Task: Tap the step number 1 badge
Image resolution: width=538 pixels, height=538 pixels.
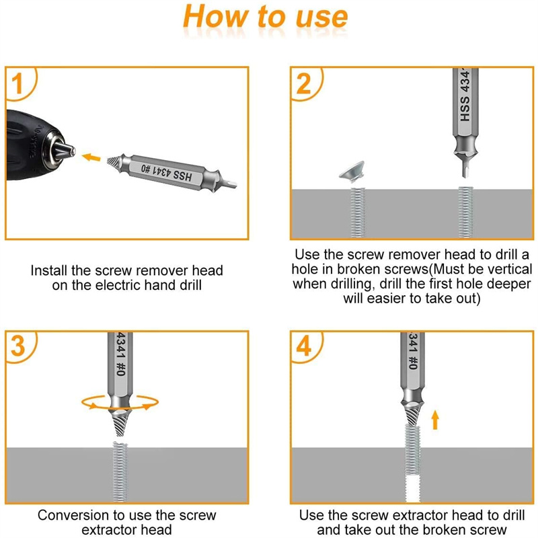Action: pos(17,84)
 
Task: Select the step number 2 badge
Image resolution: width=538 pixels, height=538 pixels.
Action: pos(304,84)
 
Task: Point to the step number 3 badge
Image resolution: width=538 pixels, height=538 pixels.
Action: pos(18,346)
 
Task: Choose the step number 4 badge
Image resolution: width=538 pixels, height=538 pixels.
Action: pos(304,346)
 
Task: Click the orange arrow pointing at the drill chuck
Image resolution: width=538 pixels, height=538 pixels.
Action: pos(91,157)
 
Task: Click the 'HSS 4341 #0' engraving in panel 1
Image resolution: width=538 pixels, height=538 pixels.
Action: pos(166,172)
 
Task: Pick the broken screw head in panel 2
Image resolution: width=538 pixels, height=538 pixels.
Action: pos(352,171)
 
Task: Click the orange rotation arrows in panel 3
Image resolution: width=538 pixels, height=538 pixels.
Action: pos(120,402)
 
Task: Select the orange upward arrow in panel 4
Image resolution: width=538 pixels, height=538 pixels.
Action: pos(435,420)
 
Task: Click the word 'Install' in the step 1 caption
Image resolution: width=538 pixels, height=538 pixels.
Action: pos(49,270)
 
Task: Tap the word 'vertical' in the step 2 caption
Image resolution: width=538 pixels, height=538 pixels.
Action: pos(510,269)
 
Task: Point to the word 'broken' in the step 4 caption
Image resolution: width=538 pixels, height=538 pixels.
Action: pos(444,530)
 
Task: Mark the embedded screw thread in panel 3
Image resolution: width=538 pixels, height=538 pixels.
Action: pos(120,472)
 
